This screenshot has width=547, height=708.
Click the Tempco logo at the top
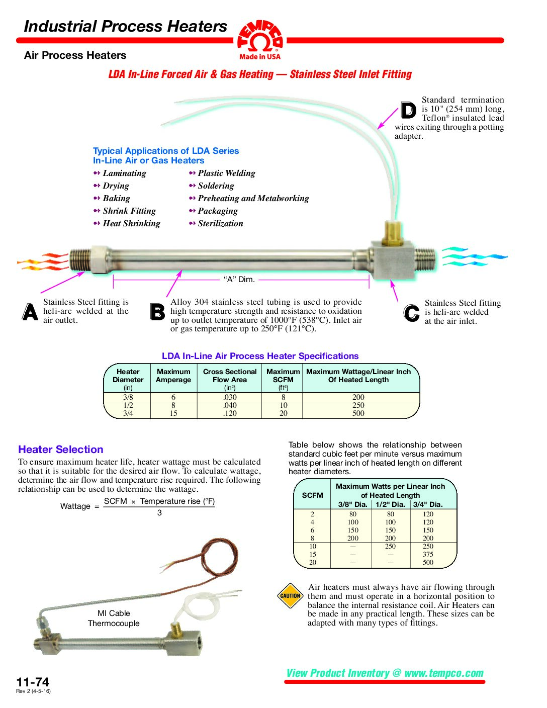[260, 39]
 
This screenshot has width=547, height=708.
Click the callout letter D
[408, 110]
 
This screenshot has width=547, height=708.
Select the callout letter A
[30, 312]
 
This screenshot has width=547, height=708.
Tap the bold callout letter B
[157, 312]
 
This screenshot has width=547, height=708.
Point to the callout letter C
[411, 313]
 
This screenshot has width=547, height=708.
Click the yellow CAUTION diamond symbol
[290, 596]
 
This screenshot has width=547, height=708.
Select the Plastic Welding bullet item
[226, 173]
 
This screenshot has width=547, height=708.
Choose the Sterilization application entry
[220, 223]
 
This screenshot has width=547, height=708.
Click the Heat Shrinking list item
[131, 223]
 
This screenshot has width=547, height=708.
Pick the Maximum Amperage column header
[173, 376]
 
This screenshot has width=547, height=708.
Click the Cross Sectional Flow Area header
[230, 376]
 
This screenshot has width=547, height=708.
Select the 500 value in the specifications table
[358, 413]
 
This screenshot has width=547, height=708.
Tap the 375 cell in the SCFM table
[428, 554]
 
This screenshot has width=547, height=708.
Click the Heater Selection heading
[61, 450]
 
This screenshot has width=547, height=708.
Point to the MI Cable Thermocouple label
[114, 618]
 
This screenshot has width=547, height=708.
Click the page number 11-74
[33, 682]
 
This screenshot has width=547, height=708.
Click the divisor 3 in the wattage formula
[159, 513]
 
